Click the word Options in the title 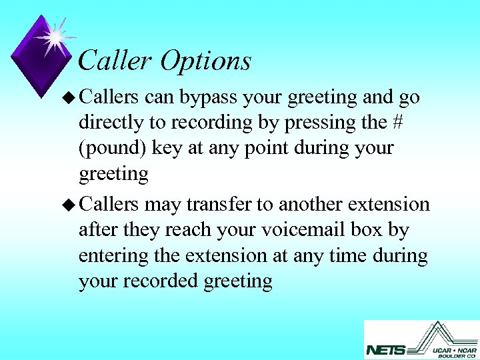[206, 61]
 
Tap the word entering [109, 256]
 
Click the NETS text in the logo [385, 349]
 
